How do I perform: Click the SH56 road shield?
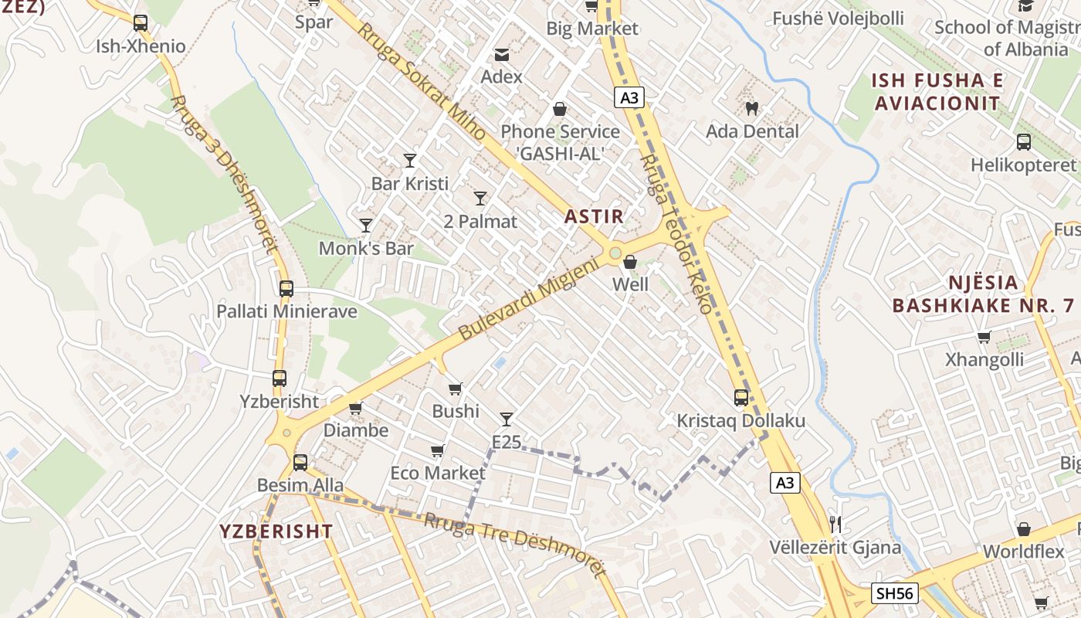(x=895, y=593)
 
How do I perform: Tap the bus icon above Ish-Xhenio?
(x=140, y=23)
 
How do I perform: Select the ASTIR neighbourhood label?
(x=594, y=216)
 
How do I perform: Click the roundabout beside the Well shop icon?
(x=615, y=253)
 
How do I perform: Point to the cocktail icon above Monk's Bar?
(x=366, y=226)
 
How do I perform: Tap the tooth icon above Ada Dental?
(x=752, y=108)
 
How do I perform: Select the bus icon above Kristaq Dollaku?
(x=741, y=398)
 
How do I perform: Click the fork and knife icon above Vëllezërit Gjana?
(x=835, y=525)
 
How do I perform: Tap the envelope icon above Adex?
(x=502, y=54)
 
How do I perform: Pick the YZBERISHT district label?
(x=276, y=531)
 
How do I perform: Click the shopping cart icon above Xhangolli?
(x=984, y=337)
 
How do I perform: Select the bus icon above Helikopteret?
(x=1023, y=142)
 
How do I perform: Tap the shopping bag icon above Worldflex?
(x=1023, y=529)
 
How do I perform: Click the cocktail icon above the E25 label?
(x=507, y=419)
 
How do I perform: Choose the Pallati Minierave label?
(x=286, y=311)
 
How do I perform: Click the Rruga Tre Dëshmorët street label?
(x=514, y=544)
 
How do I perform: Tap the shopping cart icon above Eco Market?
(x=437, y=450)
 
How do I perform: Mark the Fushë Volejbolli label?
(x=838, y=18)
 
